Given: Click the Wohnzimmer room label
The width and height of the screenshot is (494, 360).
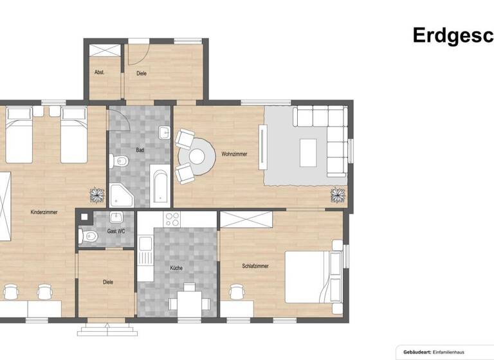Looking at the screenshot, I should (x=234, y=154).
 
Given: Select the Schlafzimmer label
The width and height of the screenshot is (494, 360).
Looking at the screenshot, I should (x=255, y=265).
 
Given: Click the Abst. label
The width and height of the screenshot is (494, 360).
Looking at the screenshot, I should (x=99, y=73).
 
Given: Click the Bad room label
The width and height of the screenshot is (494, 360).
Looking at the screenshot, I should (x=140, y=150).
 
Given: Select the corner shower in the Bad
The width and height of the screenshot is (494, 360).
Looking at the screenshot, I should (x=121, y=195).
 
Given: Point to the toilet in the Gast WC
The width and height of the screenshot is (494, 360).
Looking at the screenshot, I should (x=89, y=238).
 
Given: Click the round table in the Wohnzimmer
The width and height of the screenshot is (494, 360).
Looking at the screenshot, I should (x=201, y=156).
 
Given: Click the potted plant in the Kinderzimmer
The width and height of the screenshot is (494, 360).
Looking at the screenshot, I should (x=96, y=194).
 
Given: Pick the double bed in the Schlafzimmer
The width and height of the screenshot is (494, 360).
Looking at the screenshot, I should (x=312, y=274).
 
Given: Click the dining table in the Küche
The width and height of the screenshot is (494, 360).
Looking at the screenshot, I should (x=185, y=299).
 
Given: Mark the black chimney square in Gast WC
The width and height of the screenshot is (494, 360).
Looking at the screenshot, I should (x=83, y=217).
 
